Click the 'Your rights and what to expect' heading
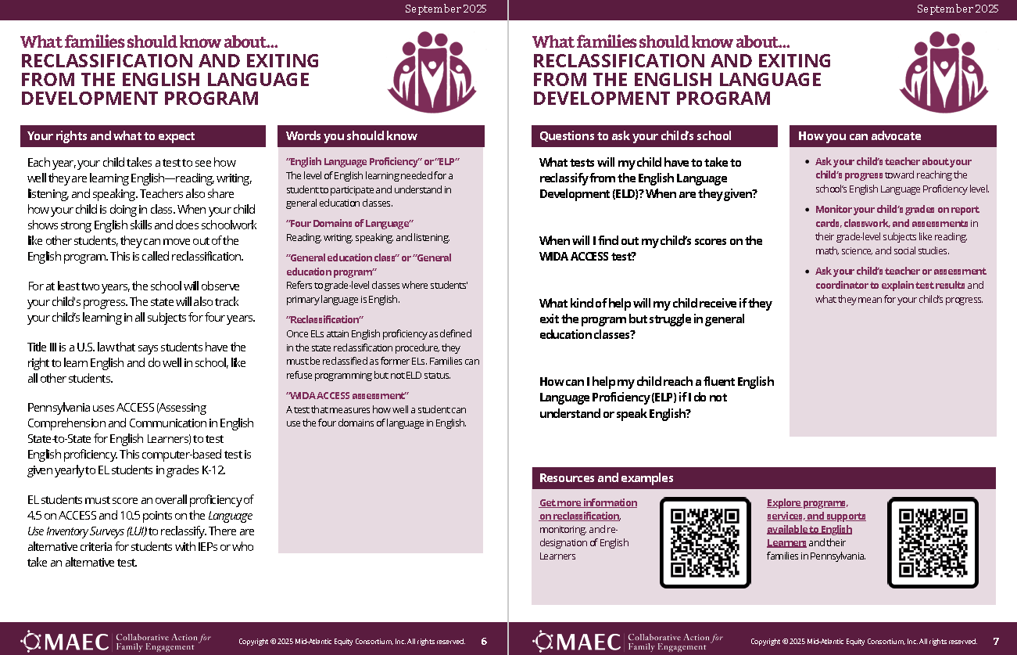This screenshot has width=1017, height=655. (x=111, y=136)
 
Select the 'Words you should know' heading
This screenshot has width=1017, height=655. (x=352, y=136)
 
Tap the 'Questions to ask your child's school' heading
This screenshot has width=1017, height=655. (x=635, y=136)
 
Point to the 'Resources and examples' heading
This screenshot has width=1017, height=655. (x=606, y=478)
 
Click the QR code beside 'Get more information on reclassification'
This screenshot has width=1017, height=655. (x=705, y=542)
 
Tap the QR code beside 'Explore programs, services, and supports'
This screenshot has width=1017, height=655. (x=933, y=542)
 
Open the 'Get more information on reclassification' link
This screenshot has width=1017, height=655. (x=588, y=509)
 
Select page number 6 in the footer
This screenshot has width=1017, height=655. (x=484, y=642)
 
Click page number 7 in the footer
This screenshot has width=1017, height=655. (x=996, y=642)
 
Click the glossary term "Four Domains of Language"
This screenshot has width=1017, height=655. (x=349, y=224)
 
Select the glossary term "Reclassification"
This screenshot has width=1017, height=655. (x=324, y=320)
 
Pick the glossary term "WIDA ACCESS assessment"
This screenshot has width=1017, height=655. (x=347, y=396)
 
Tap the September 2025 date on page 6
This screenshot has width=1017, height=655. (x=445, y=9)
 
